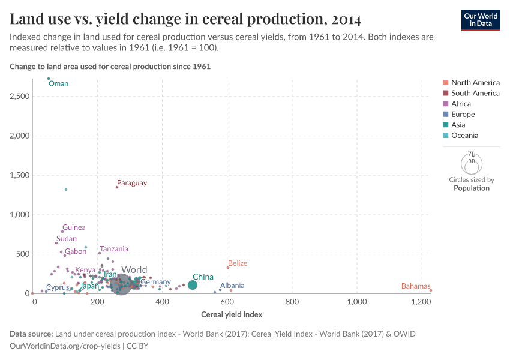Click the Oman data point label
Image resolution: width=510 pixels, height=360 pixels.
pyautogui.click(x=58, y=84)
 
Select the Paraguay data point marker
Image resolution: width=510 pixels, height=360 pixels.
pyautogui.click(x=117, y=187)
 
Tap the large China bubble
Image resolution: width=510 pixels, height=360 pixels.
pyautogui.click(x=193, y=285)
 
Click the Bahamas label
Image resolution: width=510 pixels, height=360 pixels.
pyautogui.click(x=416, y=286)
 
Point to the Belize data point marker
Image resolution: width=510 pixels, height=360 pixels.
pyautogui.click(x=228, y=268)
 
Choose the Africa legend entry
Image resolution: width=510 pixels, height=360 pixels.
pyautogui.click(x=461, y=104)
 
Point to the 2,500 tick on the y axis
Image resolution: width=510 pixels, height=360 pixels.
pyautogui.click(x=20, y=97)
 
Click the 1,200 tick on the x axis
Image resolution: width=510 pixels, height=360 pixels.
pyautogui.click(x=421, y=302)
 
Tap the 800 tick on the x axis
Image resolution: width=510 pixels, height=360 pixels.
pyautogui.click(x=292, y=302)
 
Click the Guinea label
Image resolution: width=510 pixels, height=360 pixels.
pyautogui.click(x=74, y=227)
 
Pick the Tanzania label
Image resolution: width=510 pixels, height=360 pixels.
pyautogui.click(x=113, y=249)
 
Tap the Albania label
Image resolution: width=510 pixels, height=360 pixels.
pyautogui.click(x=232, y=286)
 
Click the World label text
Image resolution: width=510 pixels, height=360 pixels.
pyautogui.click(x=134, y=270)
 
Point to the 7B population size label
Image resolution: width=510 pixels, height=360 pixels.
pyautogui.click(x=471, y=154)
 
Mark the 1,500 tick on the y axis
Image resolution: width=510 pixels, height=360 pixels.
pyautogui.click(x=20, y=175)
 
